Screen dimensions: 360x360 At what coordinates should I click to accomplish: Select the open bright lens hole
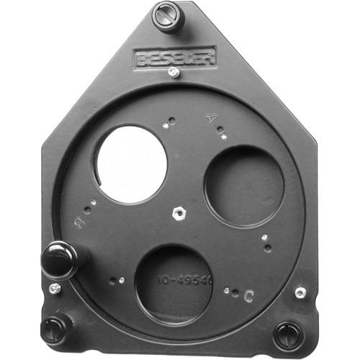pyautogui.click(x=131, y=163)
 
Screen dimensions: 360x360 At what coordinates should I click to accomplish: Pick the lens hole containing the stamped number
pyautogui.click(x=174, y=284)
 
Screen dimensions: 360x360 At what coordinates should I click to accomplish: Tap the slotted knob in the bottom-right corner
pyautogui.click(x=288, y=335)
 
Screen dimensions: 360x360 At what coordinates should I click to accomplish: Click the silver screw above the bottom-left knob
pyautogui.click(x=55, y=289)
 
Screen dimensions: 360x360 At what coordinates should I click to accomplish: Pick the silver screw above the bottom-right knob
pyautogui.click(x=300, y=292)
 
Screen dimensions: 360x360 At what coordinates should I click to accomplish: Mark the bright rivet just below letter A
pyautogui.click(x=223, y=136)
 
